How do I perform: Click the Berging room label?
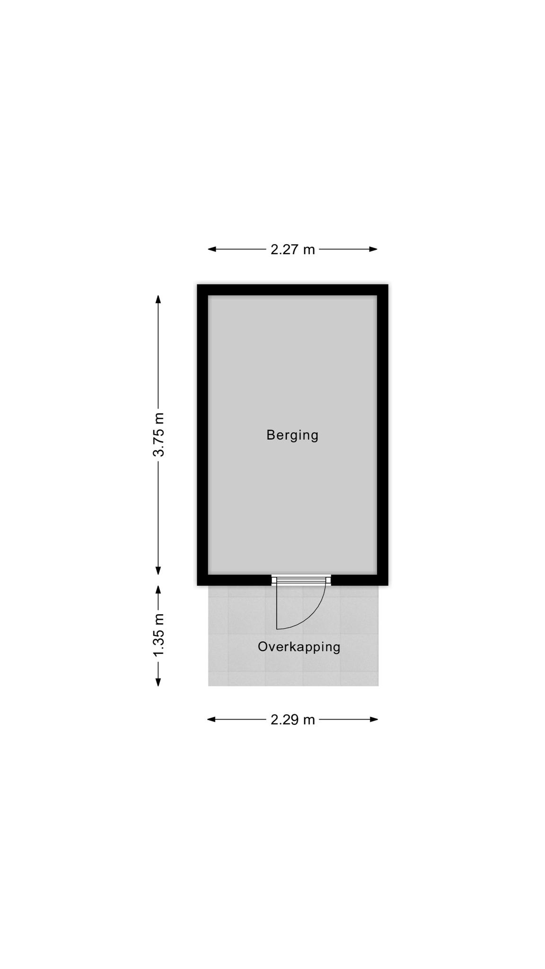pyautogui.click(x=292, y=435)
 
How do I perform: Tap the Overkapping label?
pyautogui.click(x=299, y=647)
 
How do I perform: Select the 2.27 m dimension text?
pyautogui.click(x=292, y=249)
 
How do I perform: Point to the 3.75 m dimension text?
pyautogui.click(x=158, y=434)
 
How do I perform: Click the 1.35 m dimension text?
pyautogui.click(x=158, y=635)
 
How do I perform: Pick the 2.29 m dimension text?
pyautogui.click(x=292, y=720)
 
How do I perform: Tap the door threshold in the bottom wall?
pyautogui.click(x=301, y=580)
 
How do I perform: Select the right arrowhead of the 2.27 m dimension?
pyautogui.click(x=373, y=249)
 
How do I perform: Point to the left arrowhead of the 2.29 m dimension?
pyautogui.click(x=211, y=720)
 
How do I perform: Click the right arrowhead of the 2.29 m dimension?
pyautogui.click(x=374, y=720)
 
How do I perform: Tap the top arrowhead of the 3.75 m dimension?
pyautogui.click(x=158, y=299)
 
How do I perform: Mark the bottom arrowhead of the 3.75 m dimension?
pyautogui.click(x=158, y=571)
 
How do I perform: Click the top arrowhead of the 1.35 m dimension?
pyautogui.click(x=158, y=590)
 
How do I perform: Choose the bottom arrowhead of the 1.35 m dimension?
pyautogui.click(x=158, y=682)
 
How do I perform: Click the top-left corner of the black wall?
pyautogui.click(x=197, y=284)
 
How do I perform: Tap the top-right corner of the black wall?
pyautogui.click(x=388, y=284)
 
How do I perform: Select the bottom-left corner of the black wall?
pyautogui.click(x=197, y=585)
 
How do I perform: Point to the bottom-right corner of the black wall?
pyautogui.click(x=388, y=585)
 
